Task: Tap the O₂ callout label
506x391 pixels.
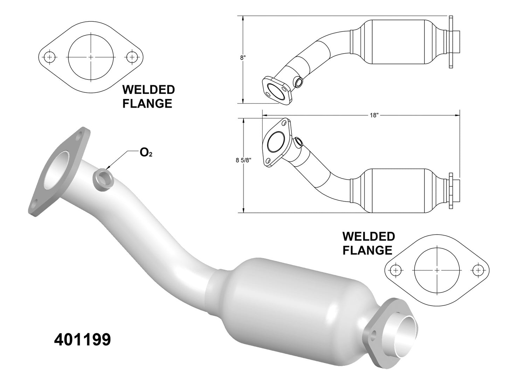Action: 146,153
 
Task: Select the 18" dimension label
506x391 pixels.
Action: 374,116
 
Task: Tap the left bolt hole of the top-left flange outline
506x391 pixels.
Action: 50,57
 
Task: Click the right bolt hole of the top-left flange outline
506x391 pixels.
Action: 132,57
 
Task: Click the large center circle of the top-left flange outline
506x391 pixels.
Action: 91,57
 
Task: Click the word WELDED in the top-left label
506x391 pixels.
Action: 148,90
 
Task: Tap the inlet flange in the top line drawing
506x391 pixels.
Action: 276,90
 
